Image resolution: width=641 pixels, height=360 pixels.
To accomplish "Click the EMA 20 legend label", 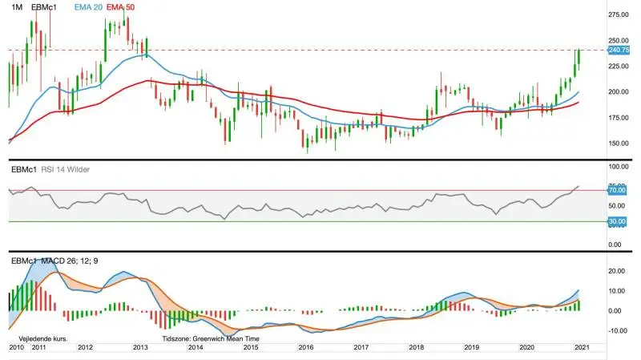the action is coord(88,7).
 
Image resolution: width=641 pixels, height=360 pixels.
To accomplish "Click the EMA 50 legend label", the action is coord(120,7).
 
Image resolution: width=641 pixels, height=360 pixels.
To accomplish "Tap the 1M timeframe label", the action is coord(17,7).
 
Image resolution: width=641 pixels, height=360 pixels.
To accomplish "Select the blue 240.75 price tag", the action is coord(619,50).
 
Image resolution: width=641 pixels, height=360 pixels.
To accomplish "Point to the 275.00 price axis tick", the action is coord(619,14).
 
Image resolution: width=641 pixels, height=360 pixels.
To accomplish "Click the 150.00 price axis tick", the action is coord(619,144).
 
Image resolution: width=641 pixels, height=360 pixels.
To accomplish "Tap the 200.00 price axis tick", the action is coord(619,91).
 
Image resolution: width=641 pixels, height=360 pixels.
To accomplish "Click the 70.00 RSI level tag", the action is coord(617,190).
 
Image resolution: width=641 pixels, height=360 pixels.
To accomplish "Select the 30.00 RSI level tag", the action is coord(617,221).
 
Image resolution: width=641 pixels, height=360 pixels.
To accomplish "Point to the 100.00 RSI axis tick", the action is coord(619,167).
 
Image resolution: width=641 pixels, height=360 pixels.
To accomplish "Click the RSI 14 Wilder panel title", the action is coord(66,169).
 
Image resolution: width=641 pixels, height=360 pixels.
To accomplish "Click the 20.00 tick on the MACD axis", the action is coord(617,271).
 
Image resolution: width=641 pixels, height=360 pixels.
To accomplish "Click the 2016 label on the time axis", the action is coord(306,347).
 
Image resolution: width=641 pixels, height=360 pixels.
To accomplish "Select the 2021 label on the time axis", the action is coord(582,347).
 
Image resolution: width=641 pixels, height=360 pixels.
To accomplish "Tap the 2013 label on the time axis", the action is coord(140,347).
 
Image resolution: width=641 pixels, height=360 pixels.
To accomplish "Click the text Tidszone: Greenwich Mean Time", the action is coord(211,338).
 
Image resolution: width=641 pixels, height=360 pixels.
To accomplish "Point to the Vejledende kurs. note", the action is coord(43,338).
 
